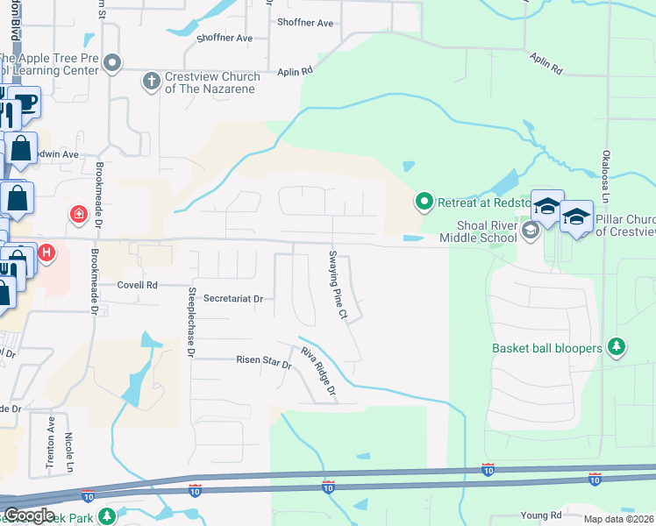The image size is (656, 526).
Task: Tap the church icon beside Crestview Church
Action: coord(151,82)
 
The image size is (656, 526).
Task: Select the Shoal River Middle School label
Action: coord(480,230)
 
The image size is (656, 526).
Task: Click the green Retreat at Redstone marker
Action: coord(424,203)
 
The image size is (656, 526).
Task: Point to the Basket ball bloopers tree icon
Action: coord(617,347)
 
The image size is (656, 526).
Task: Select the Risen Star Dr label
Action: coord(263,360)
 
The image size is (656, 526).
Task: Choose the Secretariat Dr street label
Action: coord(233,299)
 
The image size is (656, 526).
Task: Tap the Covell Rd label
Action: coord(139,285)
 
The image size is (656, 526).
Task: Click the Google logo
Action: coord(29,515)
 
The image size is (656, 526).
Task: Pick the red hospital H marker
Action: coord(47,254)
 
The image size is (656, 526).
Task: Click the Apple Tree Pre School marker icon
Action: coord(113,63)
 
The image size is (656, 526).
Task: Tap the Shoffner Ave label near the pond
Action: coord(225,39)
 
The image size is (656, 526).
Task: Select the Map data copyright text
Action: coord(618,519)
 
